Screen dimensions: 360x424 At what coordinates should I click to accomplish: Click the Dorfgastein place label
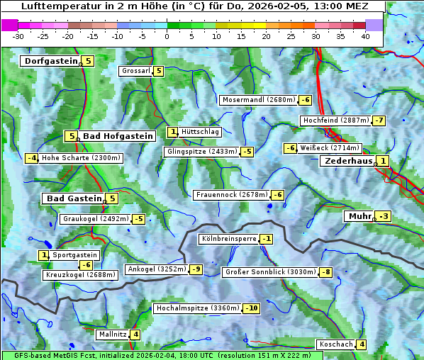pos(50,61)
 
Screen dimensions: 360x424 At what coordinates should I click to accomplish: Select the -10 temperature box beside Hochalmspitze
pos(251,308)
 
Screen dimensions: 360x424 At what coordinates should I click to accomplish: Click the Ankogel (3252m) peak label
pos(156,269)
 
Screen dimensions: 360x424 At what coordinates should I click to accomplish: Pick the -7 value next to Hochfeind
pos(379,120)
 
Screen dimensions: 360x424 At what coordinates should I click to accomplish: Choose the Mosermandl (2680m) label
pos(259,100)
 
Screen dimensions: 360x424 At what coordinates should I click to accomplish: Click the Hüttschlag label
pos(200,132)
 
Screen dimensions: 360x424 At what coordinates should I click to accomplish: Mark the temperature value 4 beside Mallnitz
pos(135,334)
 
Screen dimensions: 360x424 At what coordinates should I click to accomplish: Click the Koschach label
pos(335,344)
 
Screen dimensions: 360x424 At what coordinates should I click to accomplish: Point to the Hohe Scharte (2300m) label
pos(81,158)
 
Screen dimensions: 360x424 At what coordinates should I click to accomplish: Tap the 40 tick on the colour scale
pos(365,35)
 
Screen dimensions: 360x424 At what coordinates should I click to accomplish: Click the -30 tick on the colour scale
pos(18,35)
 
